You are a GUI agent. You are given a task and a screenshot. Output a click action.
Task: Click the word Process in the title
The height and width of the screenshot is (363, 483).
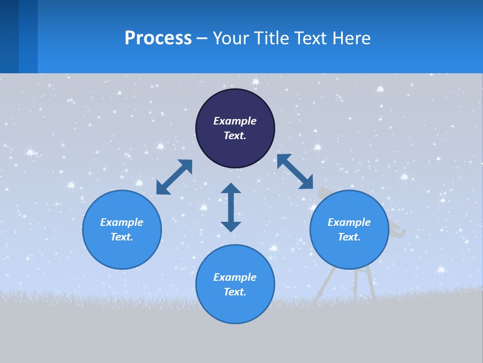coord(158,38)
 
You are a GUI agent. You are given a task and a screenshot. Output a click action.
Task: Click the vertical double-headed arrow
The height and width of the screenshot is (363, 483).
coord(231,207)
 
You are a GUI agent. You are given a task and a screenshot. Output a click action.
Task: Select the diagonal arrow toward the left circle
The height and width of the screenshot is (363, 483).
coord(174,177)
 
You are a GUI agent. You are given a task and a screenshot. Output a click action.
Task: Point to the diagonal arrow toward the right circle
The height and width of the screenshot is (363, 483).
coord(295,171)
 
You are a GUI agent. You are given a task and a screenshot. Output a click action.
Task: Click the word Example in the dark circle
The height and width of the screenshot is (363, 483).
coord(235,121)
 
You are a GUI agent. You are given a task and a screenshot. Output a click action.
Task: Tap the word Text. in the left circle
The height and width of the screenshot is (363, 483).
coord(122,237)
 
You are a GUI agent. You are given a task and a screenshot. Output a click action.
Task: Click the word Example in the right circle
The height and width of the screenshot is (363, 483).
coord(349,222)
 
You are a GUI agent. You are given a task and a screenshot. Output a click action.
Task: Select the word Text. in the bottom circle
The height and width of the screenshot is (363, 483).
coord(235,292)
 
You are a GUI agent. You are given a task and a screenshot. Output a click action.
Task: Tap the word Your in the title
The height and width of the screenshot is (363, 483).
coord(232,38)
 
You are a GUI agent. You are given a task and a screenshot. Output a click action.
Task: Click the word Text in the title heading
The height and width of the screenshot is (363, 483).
coord(309,38)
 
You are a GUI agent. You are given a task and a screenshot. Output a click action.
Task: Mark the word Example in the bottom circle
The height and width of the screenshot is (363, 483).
coord(235,277)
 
